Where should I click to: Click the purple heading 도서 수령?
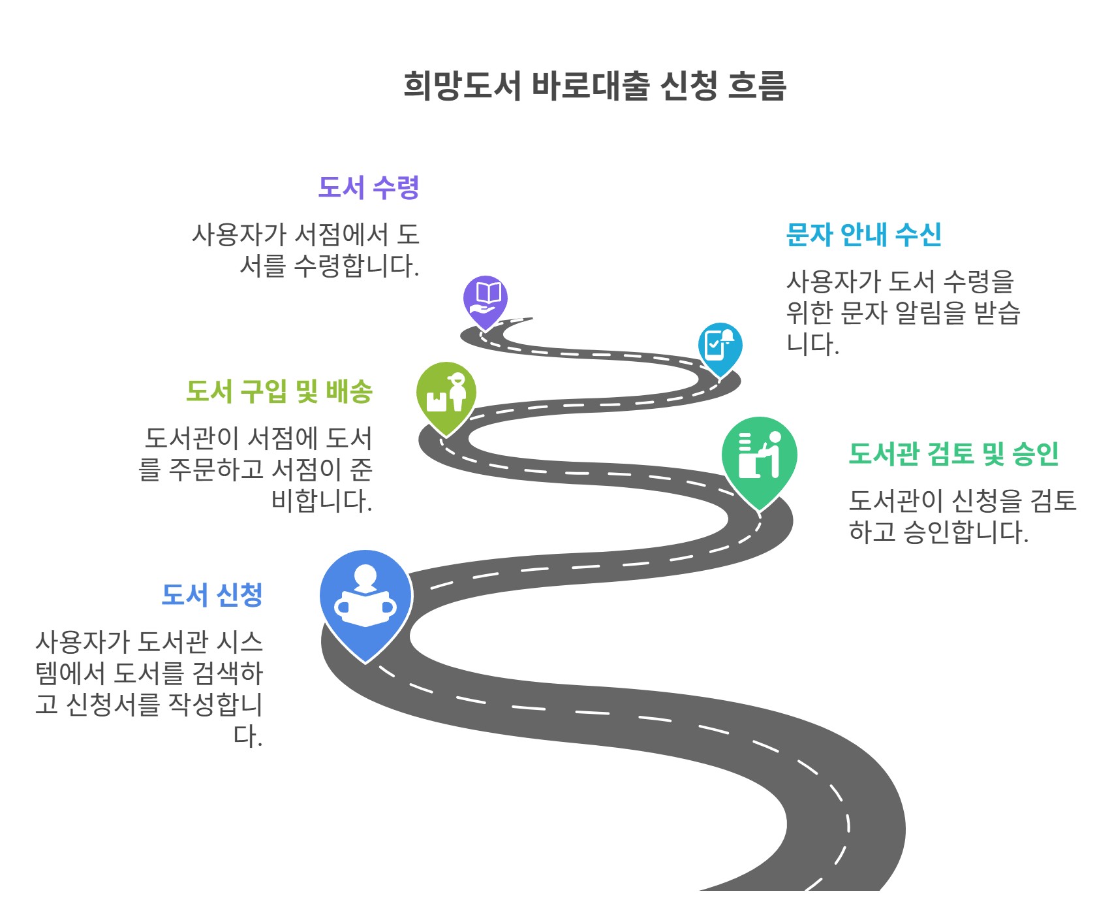tap(368, 187)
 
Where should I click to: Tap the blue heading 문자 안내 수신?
tap(863, 234)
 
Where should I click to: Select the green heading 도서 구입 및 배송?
tap(279, 391)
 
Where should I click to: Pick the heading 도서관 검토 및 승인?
tap(953, 453)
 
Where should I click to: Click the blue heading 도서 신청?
tap(211, 595)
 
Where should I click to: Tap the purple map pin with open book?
tap(486, 300)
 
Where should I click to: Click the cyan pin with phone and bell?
tap(720, 346)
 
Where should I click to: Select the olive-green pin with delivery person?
tap(446, 394)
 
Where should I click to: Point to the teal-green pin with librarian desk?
tap(759, 457)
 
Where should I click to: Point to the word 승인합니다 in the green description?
tap(965, 532)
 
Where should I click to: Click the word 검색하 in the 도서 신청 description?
tap(228, 673)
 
